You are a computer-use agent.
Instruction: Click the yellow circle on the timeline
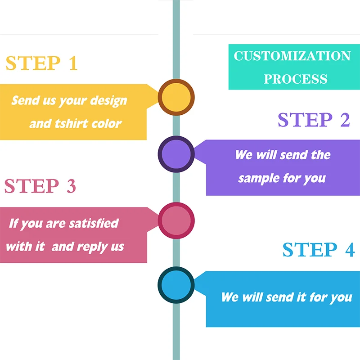(176, 97)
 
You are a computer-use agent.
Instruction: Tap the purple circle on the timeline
(176, 154)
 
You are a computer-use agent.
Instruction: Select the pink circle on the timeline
(176, 220)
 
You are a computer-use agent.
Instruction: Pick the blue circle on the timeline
(176, 285)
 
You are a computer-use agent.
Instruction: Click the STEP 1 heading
(41, 64)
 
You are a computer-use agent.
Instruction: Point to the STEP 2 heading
(314, 120)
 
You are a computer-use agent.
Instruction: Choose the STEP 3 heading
(40, 186)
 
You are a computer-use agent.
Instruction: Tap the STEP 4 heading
(319, 250)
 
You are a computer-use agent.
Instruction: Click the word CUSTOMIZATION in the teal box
(292, 56)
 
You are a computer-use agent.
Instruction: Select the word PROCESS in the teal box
(295, 79)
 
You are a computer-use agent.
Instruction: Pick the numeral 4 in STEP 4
(350, 250)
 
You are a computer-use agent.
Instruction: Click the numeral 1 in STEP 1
(72, 64)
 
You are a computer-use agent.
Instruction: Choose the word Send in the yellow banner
(23, 100)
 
